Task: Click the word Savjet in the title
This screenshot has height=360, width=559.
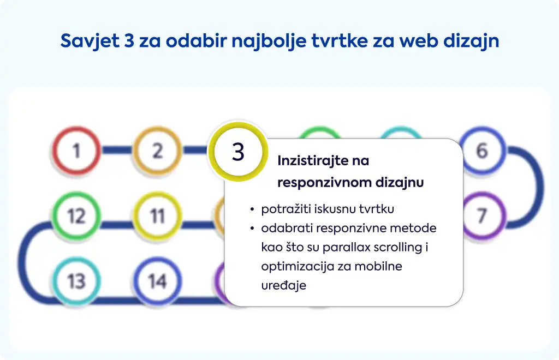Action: click(90, 41)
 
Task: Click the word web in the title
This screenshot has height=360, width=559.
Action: click(419, 40)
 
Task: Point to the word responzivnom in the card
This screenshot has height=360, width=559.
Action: click(323, 183)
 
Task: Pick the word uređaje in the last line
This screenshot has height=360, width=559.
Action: click(283, 285)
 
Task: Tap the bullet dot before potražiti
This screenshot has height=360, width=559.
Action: click(252, 209)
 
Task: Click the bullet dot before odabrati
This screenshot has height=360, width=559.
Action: click(252, 228)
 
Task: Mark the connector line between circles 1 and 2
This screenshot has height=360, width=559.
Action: click(117, 150)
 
